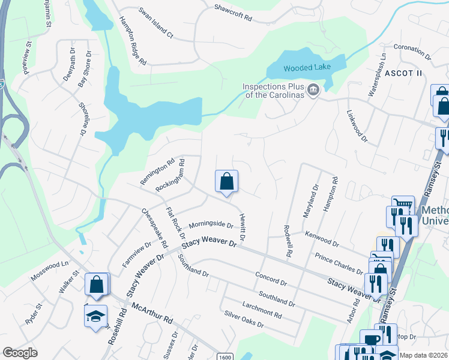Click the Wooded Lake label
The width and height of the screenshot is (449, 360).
[x=306, y=68]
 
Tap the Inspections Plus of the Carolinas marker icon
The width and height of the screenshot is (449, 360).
[x=313, y=91]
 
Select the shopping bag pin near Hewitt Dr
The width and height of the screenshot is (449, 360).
[x=226, y=182]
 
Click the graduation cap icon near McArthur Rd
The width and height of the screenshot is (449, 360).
[x=95, y=316]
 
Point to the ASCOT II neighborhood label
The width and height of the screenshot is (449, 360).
[x=404, y=73]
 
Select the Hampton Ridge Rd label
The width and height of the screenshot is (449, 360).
[x=133, y=40]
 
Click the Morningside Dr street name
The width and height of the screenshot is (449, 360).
[x=211, y=225]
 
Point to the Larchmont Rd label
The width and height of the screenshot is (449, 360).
[x=261, y=310]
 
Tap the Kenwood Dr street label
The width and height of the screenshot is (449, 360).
[x=322, y=240]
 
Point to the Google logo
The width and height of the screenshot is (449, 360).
[x=20, y=353]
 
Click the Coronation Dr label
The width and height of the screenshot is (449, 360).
[x=413, y=52]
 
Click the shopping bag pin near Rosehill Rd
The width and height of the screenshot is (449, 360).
[x=97, y=285]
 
